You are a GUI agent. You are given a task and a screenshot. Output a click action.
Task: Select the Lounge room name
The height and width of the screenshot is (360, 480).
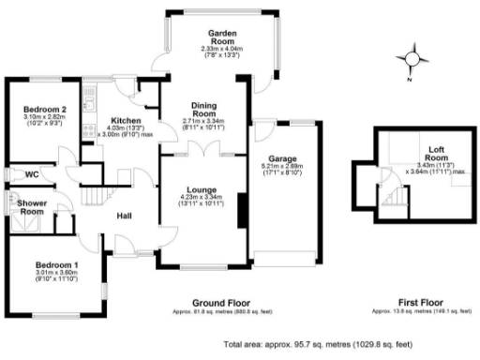pyautogui.click(x=204, y=188)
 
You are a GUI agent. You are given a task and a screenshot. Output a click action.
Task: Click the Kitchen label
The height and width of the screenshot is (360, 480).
pyautogui.click(x=126, y=120)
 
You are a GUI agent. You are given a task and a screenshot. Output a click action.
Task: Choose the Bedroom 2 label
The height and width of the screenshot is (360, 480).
pyautogui.click(x=45, y=110)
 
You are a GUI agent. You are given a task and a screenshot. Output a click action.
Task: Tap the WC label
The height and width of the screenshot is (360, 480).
pyautogui.click(x=33, y=173)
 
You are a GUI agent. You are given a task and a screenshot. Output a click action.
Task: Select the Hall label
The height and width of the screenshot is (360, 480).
pyautogui.click(x=124, y=217)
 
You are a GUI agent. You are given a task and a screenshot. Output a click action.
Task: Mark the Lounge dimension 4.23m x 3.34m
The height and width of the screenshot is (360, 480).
pyautogui.click(x=204, y=198)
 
